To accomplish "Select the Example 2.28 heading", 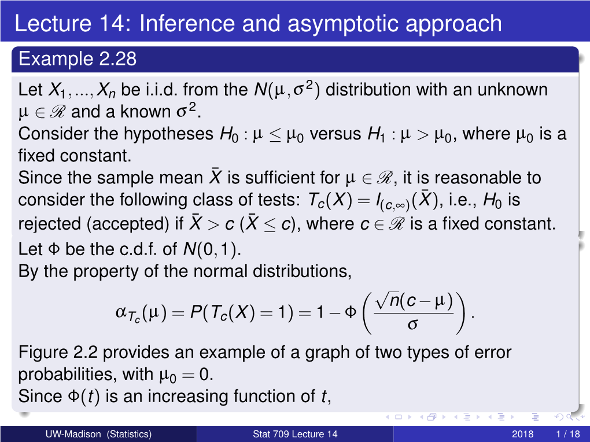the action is pos(78,59).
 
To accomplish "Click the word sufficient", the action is pos(283,178).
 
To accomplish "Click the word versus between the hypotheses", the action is pos(335,134).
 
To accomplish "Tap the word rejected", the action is pos(50,224).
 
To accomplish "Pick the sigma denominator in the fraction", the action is pos(413,324).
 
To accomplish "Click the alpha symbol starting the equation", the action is pos(121,312).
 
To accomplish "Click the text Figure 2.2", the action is pos(58,352).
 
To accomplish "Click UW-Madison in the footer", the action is pos(73,434).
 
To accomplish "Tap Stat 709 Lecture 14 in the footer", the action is pos(295,434).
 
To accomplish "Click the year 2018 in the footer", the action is pos(522,434).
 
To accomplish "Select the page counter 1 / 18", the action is pos(568,434).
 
